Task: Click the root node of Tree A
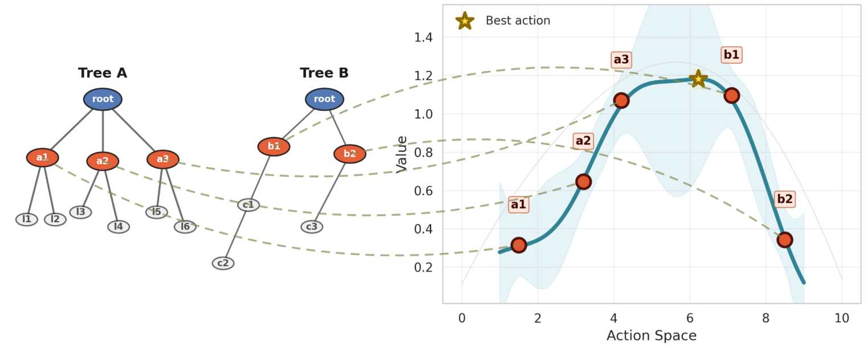point(103,99)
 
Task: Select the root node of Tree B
point(325,99)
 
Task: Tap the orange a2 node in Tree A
point(103,161)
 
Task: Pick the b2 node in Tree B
point(350,154)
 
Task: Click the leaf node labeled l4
point(118,227)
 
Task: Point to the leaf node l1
point(27,219)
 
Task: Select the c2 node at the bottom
point(223,263)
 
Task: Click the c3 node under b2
point(312,227)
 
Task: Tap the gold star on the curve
point(698,79)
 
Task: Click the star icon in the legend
point(465,21)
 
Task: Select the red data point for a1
point(518,246)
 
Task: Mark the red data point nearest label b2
point(785,240)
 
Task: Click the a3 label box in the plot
point(621,60)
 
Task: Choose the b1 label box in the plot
point(731,55)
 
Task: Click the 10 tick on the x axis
point(841,318)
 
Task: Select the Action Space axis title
point(651,336)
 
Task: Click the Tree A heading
point(103,73)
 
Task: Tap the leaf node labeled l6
point(185,227)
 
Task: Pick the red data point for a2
point(583,182)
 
